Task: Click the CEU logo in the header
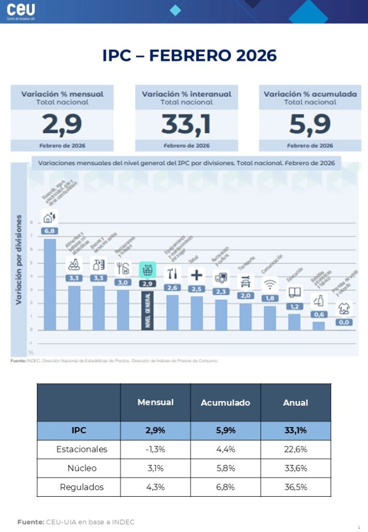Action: (x=21, y=11)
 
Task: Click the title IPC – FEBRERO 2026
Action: (x=189, y=55)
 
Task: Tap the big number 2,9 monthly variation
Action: (x=62, y=124)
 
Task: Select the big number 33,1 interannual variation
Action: (x=186, y=124)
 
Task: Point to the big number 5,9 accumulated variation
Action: (x=310, y=124)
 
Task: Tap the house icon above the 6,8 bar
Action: (x=50, y=218)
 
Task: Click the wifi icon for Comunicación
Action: (x=270, y=284)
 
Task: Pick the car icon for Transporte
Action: (x=246, y=281)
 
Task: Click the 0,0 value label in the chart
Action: (x=343, y=322)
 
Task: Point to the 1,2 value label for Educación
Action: (x=294, y=307)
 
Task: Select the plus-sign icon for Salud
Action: (x=197, y=275)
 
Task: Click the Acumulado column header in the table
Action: (x=225, y=403)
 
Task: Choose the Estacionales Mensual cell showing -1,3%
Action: (x=155, y=449)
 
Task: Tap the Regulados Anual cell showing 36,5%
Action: (x=295, y=487)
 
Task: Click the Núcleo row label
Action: (x=79, y=468)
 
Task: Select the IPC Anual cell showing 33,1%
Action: (x=295, y=431)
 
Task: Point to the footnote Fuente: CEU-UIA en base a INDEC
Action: (x=76, y=522)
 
